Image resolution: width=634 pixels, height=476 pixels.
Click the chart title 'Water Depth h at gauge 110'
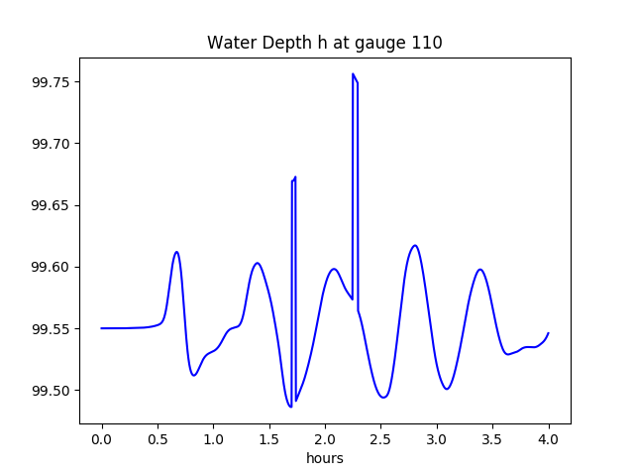tap(324, 43)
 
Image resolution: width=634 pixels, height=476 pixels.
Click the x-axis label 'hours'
tap(324, 459)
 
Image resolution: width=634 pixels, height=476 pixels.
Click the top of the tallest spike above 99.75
tap(353, 73)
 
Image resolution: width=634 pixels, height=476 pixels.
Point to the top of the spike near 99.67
tap(295, 178)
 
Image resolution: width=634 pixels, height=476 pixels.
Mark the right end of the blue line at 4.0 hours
tap(548, 333)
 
